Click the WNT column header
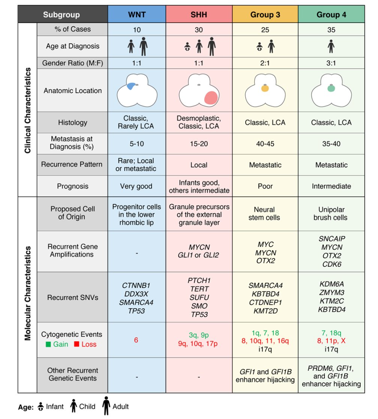136,15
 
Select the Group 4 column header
330,15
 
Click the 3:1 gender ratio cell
330,63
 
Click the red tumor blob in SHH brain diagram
210,98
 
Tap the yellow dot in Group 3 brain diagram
264,89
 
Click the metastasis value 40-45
265,143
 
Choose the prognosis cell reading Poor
265,186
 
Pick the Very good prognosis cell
136,186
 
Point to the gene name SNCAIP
331,239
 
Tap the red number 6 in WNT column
136,339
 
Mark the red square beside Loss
76,344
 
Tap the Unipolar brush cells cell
330,213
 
